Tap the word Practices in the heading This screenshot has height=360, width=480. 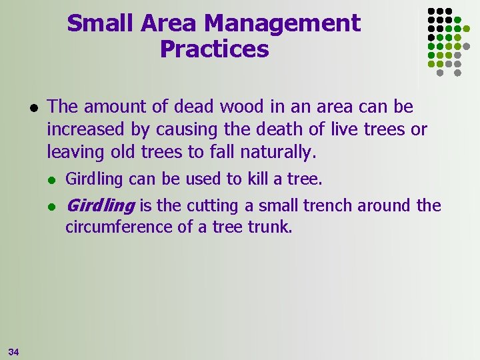214,49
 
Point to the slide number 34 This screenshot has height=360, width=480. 14,351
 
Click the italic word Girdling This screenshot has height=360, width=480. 100,205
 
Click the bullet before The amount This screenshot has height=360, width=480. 31,107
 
